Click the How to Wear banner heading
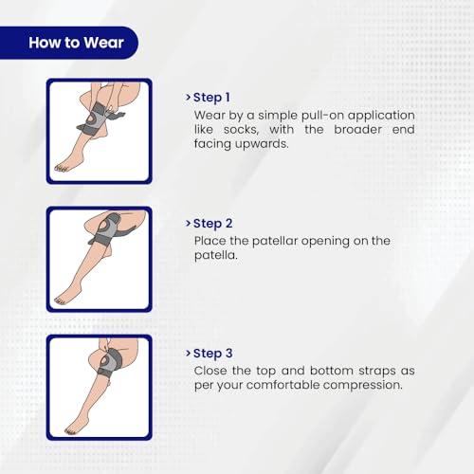[x=76, y=43]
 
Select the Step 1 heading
[x=211, y=98]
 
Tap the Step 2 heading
[x=212, y=224]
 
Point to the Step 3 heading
[x=212, y=354]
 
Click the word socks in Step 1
[x=241, y=130]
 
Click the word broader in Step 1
[x=357, y=130]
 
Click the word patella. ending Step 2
[x=216, y=256]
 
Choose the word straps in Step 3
[x=376, y=371]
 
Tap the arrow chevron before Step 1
[x=188, y=97]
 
